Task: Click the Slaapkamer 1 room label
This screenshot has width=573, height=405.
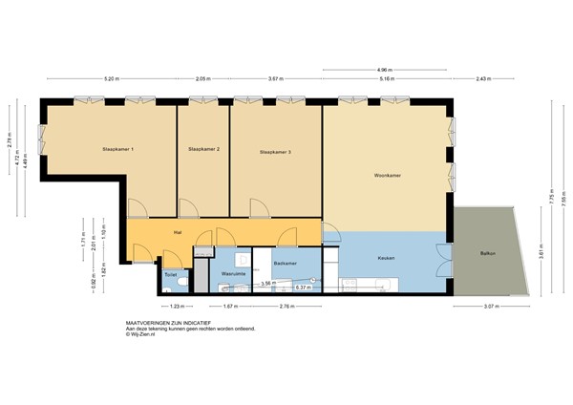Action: pos(118,150)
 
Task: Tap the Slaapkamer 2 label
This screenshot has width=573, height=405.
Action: pos(204,150)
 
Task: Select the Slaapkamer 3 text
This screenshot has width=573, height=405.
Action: pos(276,151)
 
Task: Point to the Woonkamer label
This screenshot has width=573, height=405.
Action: pos(386,176)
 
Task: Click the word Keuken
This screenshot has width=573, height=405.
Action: pos(386,259)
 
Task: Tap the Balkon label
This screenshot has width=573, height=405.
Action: pos(488,253)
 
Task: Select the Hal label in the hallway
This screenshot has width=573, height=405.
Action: pos(178,232)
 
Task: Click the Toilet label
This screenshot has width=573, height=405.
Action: pos(170,274)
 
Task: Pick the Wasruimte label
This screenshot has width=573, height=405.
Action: pos(234,274)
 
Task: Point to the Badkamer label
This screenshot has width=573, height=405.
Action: pos(286,263)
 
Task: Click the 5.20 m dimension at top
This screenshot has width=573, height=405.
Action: pos(111,79)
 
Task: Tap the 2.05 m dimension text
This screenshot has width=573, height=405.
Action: pos(202,79)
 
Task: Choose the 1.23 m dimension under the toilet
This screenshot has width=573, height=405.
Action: pos(176,307)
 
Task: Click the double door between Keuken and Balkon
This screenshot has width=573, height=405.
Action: pos(443,258)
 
